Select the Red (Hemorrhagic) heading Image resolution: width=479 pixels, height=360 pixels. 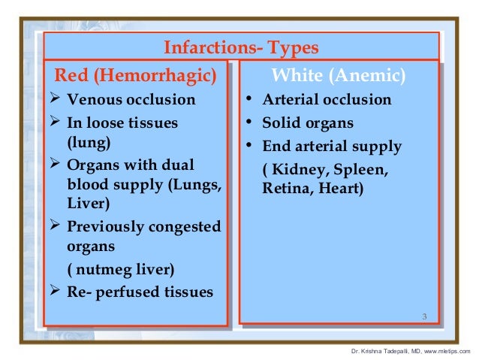click(135, 75)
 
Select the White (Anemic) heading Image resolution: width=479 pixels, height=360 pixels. click(339, 75)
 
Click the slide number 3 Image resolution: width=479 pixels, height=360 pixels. click(424, 315)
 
